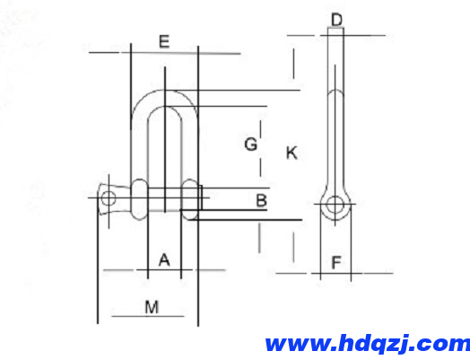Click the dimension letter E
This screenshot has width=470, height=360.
click(x=162, y=40)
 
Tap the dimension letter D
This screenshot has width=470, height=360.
click(x=336, y=19)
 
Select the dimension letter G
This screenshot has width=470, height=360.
click(x=251, y=144)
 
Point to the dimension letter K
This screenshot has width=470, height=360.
click(x=292, y=153)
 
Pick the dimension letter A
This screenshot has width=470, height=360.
click(x=163, y=259)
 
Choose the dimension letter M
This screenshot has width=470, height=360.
click(x=152, y=307)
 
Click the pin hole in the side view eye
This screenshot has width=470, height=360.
click(x=335, y=205)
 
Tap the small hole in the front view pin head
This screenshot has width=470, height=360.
click(x=109, y=197)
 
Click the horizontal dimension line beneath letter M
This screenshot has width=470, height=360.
click(x=152, y=317)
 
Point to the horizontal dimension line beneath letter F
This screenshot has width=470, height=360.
click(x=334, y=272)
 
